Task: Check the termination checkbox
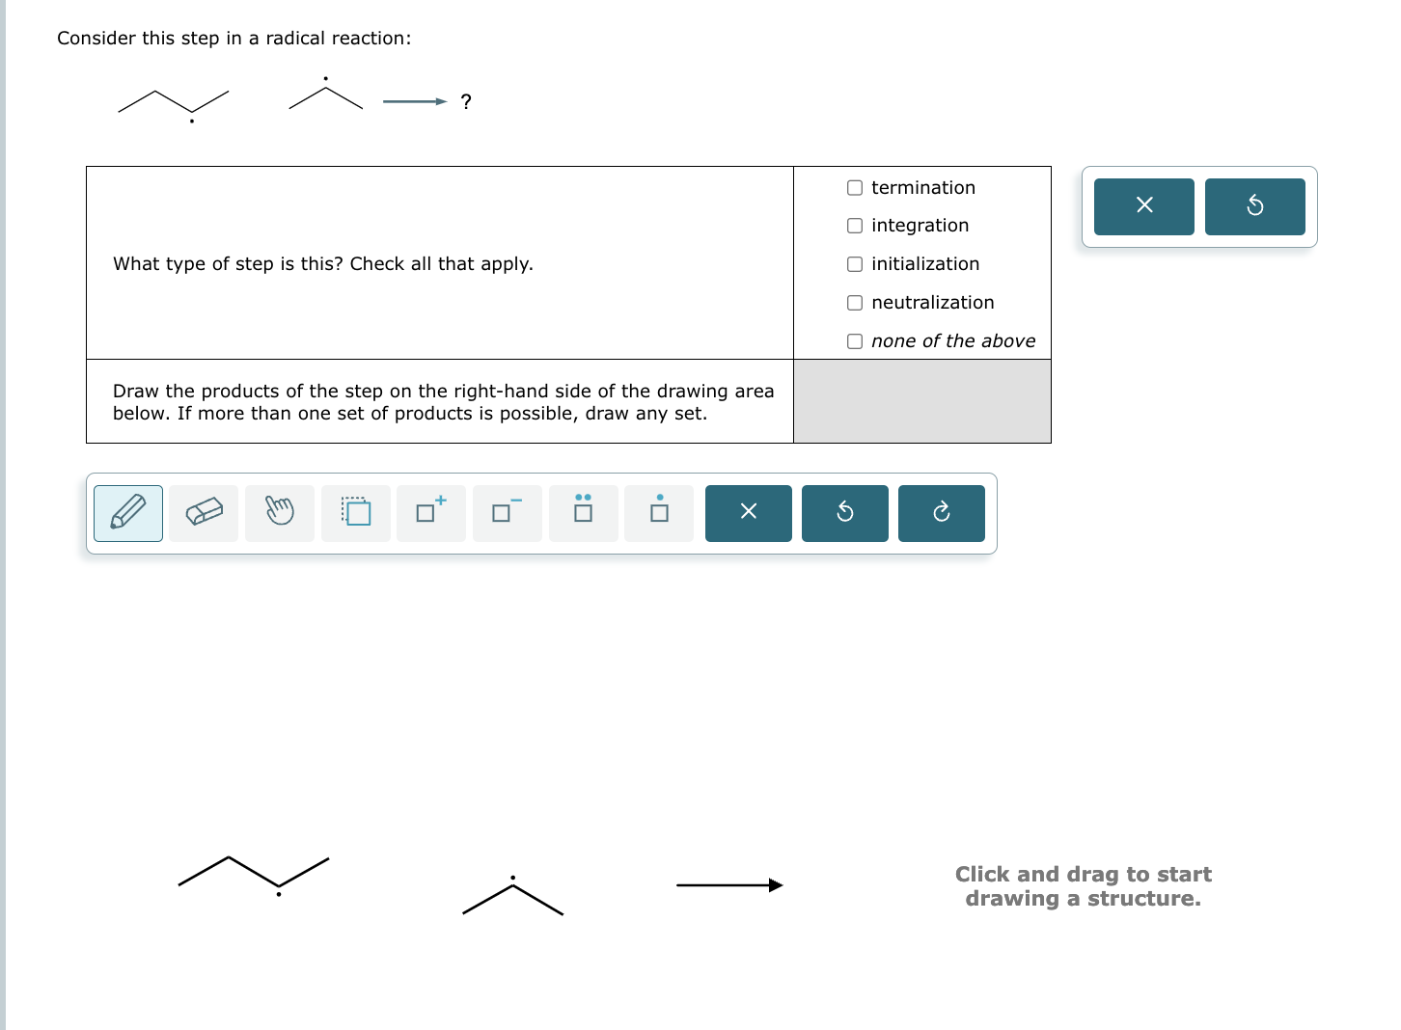point(855,188)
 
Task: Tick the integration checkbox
point(855,226)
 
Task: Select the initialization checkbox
point(855,264)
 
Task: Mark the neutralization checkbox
point(855,303)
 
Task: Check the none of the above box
point(855,341)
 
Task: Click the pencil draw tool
point(128,512)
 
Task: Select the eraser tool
point(204,512)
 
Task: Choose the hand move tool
point(280,512)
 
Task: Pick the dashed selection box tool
point(356,512)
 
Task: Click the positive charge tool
point(431,512)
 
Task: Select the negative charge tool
point(508,512)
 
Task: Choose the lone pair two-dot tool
point(584,512)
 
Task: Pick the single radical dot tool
point(659,512)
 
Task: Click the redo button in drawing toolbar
point(942,512)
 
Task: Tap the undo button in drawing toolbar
point(845,512)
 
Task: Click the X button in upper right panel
point(1144,205)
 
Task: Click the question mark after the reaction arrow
point(466,102)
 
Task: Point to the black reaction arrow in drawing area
point(729,885)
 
